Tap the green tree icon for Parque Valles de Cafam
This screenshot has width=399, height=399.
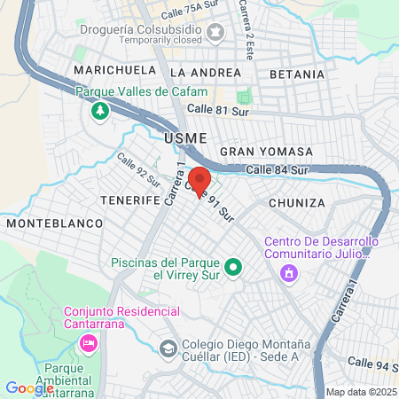tap(99, 111)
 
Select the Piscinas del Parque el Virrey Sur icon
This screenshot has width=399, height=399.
tap(233, 266)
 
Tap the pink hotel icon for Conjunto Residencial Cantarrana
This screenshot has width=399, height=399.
tap(88, 342)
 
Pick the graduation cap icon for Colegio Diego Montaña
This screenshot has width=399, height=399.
tap(168, 348)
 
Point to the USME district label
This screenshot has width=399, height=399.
tap(184, 137)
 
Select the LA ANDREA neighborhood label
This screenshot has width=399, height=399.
tap(205, 72)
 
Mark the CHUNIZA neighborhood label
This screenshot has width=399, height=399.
tap(296, 203)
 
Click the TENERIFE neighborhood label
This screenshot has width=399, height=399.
tap(129, 200)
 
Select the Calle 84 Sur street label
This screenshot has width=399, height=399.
tap(278, 169)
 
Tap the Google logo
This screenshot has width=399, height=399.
tap(29, 387)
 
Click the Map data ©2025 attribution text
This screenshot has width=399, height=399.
tap(361, 392)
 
